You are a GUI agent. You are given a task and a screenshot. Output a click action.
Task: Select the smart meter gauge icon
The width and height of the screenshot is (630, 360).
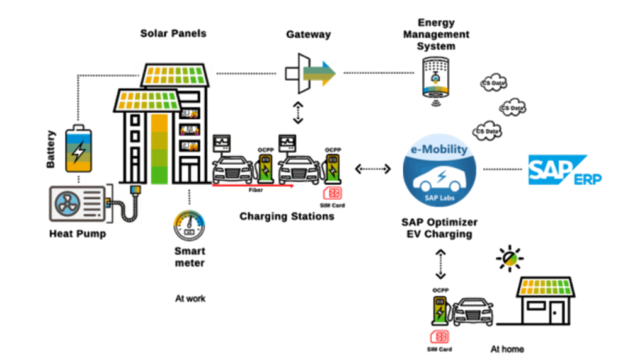pos(189,224)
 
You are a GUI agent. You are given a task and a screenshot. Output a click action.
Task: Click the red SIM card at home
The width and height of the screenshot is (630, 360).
pos(439,336)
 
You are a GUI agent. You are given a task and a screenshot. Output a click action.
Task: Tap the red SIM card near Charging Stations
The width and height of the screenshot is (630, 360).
pos(332,193)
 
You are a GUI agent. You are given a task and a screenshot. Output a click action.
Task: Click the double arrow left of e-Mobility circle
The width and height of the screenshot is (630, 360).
pos(372,168)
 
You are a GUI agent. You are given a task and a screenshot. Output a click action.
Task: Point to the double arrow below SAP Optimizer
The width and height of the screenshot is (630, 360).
pos(440,264)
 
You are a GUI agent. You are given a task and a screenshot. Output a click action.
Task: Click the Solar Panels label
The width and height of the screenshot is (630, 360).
pos(173,33)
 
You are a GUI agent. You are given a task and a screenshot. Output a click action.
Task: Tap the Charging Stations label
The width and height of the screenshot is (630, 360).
pos(287,216)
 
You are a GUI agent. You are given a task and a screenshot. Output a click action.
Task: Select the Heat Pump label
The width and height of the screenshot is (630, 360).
pos(77,234)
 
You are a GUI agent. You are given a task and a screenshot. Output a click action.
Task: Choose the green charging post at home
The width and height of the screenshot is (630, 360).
pos(439,310)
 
